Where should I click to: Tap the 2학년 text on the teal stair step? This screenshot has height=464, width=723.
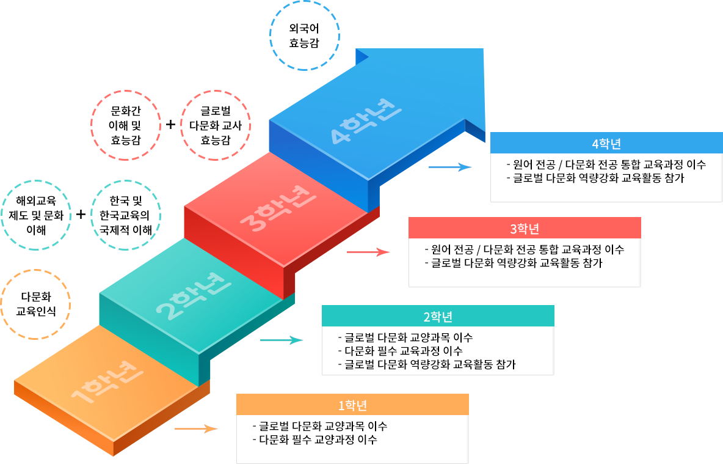click(194, 296)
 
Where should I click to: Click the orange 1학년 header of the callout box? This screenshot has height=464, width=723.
click(352, 405)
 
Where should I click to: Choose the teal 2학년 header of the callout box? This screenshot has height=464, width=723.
click(438, 317)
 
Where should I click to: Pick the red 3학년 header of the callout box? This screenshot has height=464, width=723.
click(525, 229)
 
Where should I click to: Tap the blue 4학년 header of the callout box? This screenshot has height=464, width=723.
click(606, 144)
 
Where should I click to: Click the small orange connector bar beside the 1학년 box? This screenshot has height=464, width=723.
click(196, 429)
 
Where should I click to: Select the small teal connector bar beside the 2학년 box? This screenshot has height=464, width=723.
click(282, 341)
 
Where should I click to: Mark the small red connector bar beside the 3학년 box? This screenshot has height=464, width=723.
click(368, 252)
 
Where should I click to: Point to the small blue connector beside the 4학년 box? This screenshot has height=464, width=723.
click(450, 168)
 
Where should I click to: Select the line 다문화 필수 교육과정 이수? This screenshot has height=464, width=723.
click(403, 352)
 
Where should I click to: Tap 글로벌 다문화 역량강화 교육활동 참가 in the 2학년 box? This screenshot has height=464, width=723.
click(430, 365)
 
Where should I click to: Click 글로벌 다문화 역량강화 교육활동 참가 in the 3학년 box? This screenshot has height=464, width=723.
click(517, 263)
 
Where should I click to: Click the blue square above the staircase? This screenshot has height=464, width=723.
click(304, 36)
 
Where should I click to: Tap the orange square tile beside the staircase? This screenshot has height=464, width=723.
click(35, 304)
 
